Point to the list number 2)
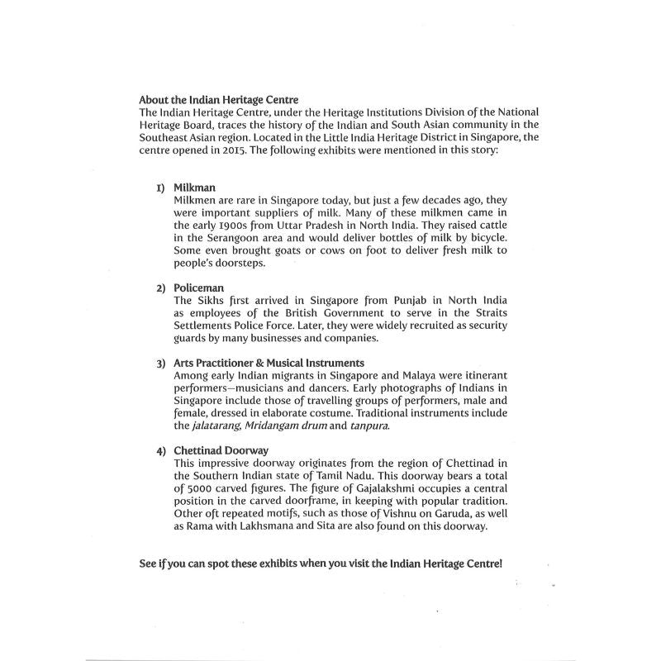click(161, 286)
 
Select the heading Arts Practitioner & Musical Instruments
click(269, 363)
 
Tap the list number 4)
click(161, 449)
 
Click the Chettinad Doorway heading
click(221, 449)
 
